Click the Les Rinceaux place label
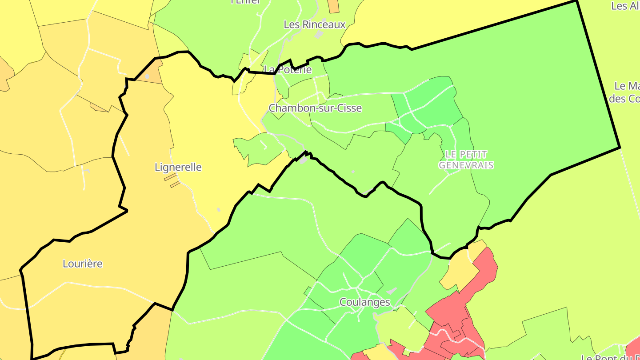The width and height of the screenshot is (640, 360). [314, 24]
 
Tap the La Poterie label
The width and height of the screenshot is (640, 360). [288, 70]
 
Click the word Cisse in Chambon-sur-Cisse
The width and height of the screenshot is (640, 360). [349, 108]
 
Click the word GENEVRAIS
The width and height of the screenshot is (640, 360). [466, 165]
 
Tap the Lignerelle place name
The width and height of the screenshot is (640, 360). [178, 167]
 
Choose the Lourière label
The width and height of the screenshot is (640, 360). [83, 264]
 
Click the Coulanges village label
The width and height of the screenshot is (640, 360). [364, 302]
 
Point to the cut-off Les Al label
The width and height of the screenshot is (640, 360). [625, 6]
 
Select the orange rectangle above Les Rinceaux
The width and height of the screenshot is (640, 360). [333, 6]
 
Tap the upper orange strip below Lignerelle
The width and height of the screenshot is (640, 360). [170, 177]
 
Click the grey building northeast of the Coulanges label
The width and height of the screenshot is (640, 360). [391, 291]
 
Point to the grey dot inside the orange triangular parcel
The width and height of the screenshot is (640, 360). [148, 77]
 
